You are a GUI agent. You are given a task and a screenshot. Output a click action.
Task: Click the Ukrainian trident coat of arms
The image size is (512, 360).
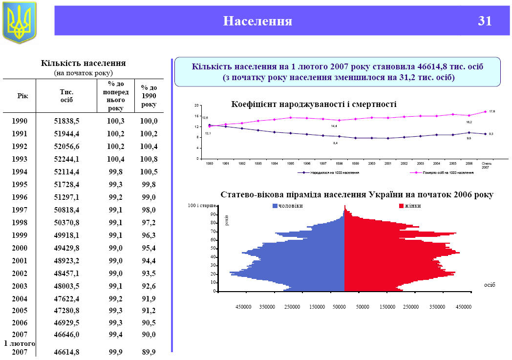pos(20,22)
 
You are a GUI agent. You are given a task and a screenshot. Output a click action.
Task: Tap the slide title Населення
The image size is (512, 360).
pos(257,21)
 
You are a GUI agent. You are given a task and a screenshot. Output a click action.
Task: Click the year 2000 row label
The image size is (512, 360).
pos(20,248)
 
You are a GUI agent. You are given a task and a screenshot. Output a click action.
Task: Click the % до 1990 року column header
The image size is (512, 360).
pos(149,96)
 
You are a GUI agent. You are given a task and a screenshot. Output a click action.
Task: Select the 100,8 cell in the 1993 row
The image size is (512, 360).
pos(149,159)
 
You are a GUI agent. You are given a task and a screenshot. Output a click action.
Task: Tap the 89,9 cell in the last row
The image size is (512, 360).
pos(149,352)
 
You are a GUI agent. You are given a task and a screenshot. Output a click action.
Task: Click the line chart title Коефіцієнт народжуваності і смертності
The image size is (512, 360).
pos(313,105)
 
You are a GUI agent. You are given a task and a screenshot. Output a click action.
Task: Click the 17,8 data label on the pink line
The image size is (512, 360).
pos(492,112)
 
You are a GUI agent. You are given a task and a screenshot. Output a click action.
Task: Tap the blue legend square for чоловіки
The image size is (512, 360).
pos(275,206)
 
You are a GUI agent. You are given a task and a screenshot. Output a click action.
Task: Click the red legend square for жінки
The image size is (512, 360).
pos(401,206)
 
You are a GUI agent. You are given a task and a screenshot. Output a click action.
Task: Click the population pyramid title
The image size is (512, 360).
pos(357,194)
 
